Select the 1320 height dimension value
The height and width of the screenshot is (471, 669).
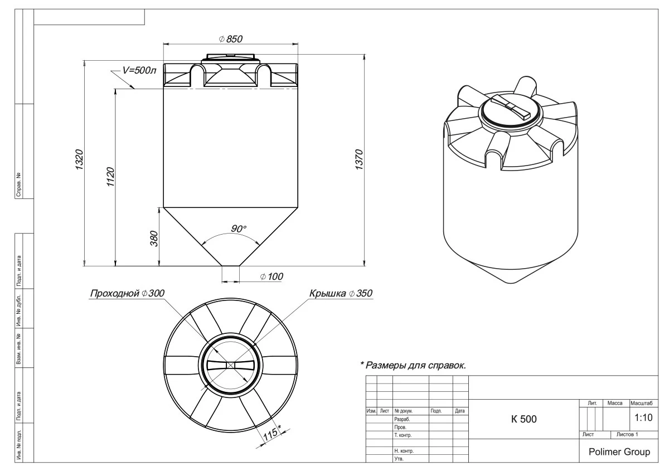(x=79, y=160)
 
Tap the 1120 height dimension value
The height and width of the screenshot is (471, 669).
(x=110, y=177)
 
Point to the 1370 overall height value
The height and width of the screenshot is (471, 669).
(x=360, y=160)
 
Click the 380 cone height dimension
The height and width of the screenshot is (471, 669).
(x=155, y=238)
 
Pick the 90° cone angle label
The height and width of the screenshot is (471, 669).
(x=239, y=229)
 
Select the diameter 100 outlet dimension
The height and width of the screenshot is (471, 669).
(x=272, y=276)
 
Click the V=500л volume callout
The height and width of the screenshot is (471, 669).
(x=139, y=71)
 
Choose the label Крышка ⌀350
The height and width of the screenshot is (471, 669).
(x=340, y=294)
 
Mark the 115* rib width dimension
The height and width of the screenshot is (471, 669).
(x=272, y=434)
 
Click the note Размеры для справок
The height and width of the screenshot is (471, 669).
(x=413, y=366)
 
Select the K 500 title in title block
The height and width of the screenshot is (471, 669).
(x=523, y=419)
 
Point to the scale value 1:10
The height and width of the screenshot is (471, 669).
(x=644, y=417)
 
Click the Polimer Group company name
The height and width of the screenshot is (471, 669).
(x=619, y=451)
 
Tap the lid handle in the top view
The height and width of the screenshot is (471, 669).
(x=230, y=365)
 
